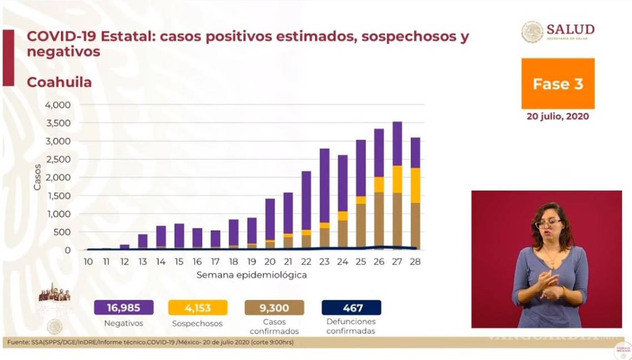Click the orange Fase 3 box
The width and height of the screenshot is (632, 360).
point(558,83)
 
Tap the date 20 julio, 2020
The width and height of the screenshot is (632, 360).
point(558,117)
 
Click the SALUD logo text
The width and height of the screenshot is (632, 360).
point(570,29)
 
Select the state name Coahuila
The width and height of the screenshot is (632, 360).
point(59,82)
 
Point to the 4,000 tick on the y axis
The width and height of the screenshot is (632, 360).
point(57,105)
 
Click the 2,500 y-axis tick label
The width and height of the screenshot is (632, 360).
point(57,159)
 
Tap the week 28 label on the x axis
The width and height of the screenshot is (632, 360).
point(414,262)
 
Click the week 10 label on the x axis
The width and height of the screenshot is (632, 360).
point(88,262)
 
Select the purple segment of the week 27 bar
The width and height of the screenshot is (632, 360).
point(397,143)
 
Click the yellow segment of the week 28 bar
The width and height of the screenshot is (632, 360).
point(415,185)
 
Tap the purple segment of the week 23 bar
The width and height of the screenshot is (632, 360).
point(324,185)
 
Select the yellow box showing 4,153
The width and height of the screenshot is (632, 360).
point(197,307)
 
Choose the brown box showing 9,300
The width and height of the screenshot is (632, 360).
point(274,307)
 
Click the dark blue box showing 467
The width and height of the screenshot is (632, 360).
point(351,307)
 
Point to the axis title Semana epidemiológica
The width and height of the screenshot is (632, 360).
point(251,274)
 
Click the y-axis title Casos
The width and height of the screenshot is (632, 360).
point(38,177)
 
